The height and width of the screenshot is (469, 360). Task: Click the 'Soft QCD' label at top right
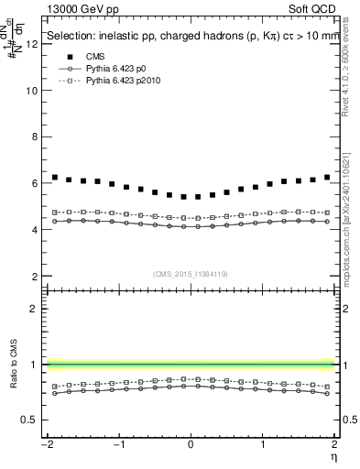click(x=316, y=8)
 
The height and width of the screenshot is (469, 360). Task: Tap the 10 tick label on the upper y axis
click(x=33, y=91)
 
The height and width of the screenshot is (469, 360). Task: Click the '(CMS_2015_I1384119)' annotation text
click(x=191, y=274)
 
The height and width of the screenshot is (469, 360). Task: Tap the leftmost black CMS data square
click(x=55, y=178)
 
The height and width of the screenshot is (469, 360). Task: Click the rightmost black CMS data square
click(x=327, y=178)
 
